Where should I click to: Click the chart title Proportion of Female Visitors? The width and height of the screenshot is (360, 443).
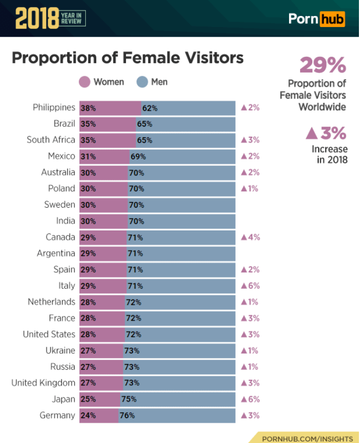[128, 57]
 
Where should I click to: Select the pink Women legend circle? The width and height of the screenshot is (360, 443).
[85, 82]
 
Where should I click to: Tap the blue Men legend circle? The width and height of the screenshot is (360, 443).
[142, 82]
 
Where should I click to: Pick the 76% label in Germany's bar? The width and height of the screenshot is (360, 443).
[127, 415]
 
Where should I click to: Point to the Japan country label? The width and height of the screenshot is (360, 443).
[63, 399]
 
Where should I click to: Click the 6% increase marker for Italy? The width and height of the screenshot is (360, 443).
[250, 286]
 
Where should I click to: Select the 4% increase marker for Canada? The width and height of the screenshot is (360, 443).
[250, 237]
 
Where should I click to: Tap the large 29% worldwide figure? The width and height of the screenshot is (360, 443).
[322, 65]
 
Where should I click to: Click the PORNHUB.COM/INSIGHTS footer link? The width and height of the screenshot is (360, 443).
[307, 438]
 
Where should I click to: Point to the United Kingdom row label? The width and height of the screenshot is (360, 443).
[43, 383]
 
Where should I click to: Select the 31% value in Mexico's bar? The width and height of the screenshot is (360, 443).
[88, 156]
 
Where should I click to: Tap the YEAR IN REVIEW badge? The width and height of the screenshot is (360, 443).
[71, 19]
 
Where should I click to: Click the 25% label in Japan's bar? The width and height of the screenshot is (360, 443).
[88, 399]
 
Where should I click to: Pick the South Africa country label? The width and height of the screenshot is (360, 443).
[51, 140]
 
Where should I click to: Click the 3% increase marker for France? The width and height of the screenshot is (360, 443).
[250, 318]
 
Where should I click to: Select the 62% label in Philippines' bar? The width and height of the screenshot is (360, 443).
[150, 108]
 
